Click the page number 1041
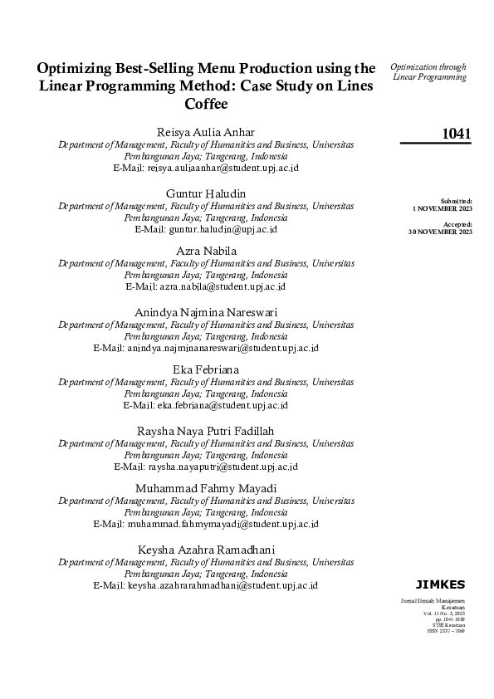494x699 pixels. [457, 134]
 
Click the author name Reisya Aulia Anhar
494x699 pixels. [206, 132]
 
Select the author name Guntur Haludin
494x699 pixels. [206, 193]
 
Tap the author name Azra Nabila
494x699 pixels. [206, 251]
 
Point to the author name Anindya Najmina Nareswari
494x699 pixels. [206, 311]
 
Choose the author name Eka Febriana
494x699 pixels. [206, 369]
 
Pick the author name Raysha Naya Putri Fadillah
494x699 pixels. [206, 429]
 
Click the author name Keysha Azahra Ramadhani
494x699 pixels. [206, 550]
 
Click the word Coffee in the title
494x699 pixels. [206, 105]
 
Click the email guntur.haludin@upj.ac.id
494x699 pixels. [223, 228]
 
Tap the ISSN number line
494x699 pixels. [447, 631]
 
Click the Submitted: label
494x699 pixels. [457, 201]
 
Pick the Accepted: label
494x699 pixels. [457, 224]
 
